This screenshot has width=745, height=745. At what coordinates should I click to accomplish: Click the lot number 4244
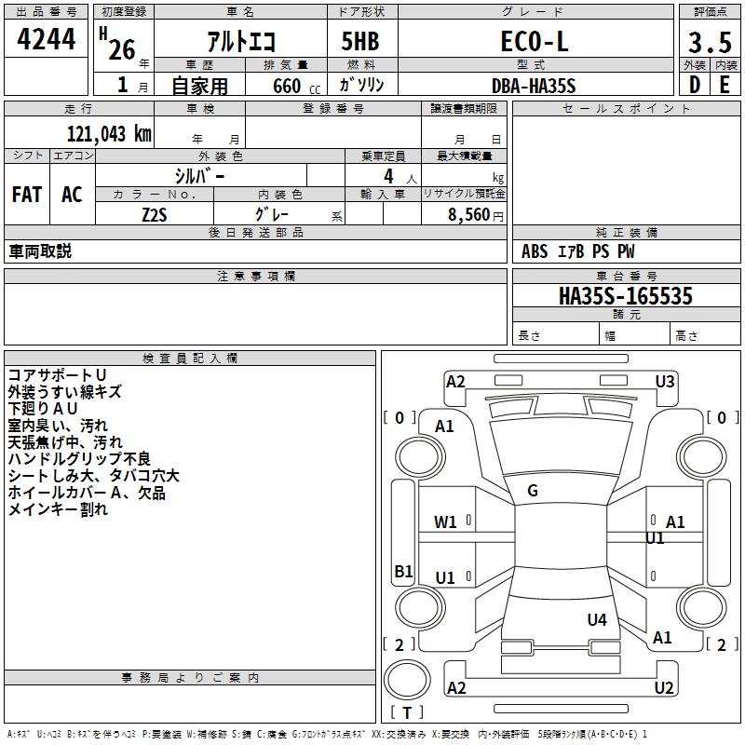[x=47, y=40]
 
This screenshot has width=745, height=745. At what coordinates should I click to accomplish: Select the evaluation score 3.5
[x=709, y=42]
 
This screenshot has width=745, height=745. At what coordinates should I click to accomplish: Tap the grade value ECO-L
[x=534, y=41]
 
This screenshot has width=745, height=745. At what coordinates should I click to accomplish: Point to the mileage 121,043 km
[x=109, y=133]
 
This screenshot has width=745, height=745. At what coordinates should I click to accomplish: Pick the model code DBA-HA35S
[x=534, y=86]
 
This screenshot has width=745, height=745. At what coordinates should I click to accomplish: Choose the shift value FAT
[x=27, y=195]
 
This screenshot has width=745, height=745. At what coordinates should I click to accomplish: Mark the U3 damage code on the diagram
[x=664, y=381]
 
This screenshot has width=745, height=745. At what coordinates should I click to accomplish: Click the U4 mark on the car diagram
[x=597, y=619]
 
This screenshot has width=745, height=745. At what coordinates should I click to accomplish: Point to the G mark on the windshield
[x=533, y=491]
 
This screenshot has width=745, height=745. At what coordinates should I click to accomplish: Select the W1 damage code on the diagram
[x=445, y=522]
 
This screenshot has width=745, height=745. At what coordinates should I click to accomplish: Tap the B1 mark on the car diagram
[x=402, y=571]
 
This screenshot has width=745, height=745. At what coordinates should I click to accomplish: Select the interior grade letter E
[x=724, y=85]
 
